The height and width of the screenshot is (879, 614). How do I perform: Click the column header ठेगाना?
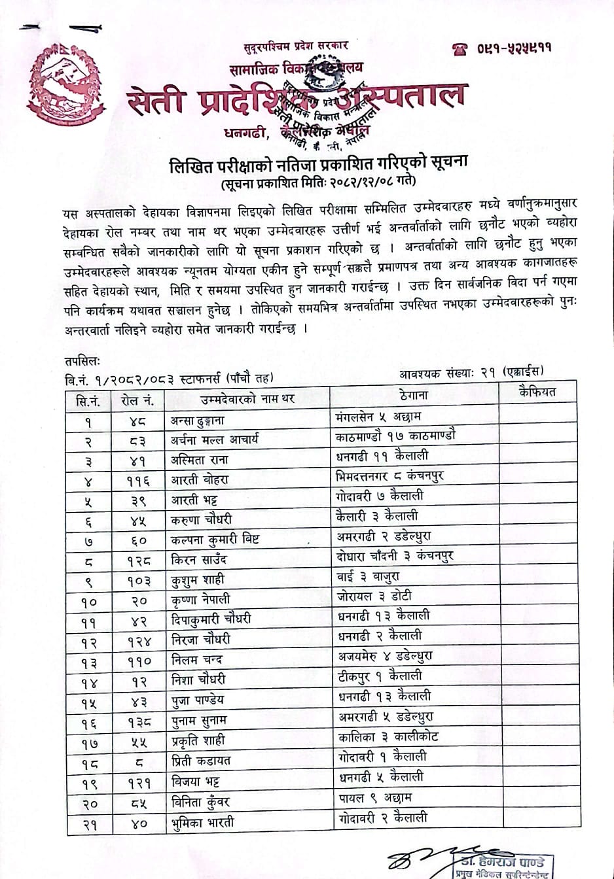click(x=414, y=394)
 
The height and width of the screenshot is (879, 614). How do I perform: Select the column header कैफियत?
click(x=537, y=392)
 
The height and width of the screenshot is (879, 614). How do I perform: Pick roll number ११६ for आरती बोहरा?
click(x=139, y=481)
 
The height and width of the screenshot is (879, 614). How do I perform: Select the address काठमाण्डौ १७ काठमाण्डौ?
click(x=395, y=436)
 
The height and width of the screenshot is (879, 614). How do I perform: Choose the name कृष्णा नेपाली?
click(x=200, y=600)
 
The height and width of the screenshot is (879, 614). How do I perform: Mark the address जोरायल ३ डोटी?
click(x=374, y=596)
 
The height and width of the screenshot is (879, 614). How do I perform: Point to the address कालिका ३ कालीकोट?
click(x=388, y=736)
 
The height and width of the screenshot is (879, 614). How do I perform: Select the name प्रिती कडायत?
click(x=201, y=761)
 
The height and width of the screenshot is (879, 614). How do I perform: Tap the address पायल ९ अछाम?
click(x=375, y=798)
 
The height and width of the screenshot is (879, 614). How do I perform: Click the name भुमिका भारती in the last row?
click(x=202, y=822)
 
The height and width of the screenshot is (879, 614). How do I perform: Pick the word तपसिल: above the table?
click(x=82, y=360)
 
